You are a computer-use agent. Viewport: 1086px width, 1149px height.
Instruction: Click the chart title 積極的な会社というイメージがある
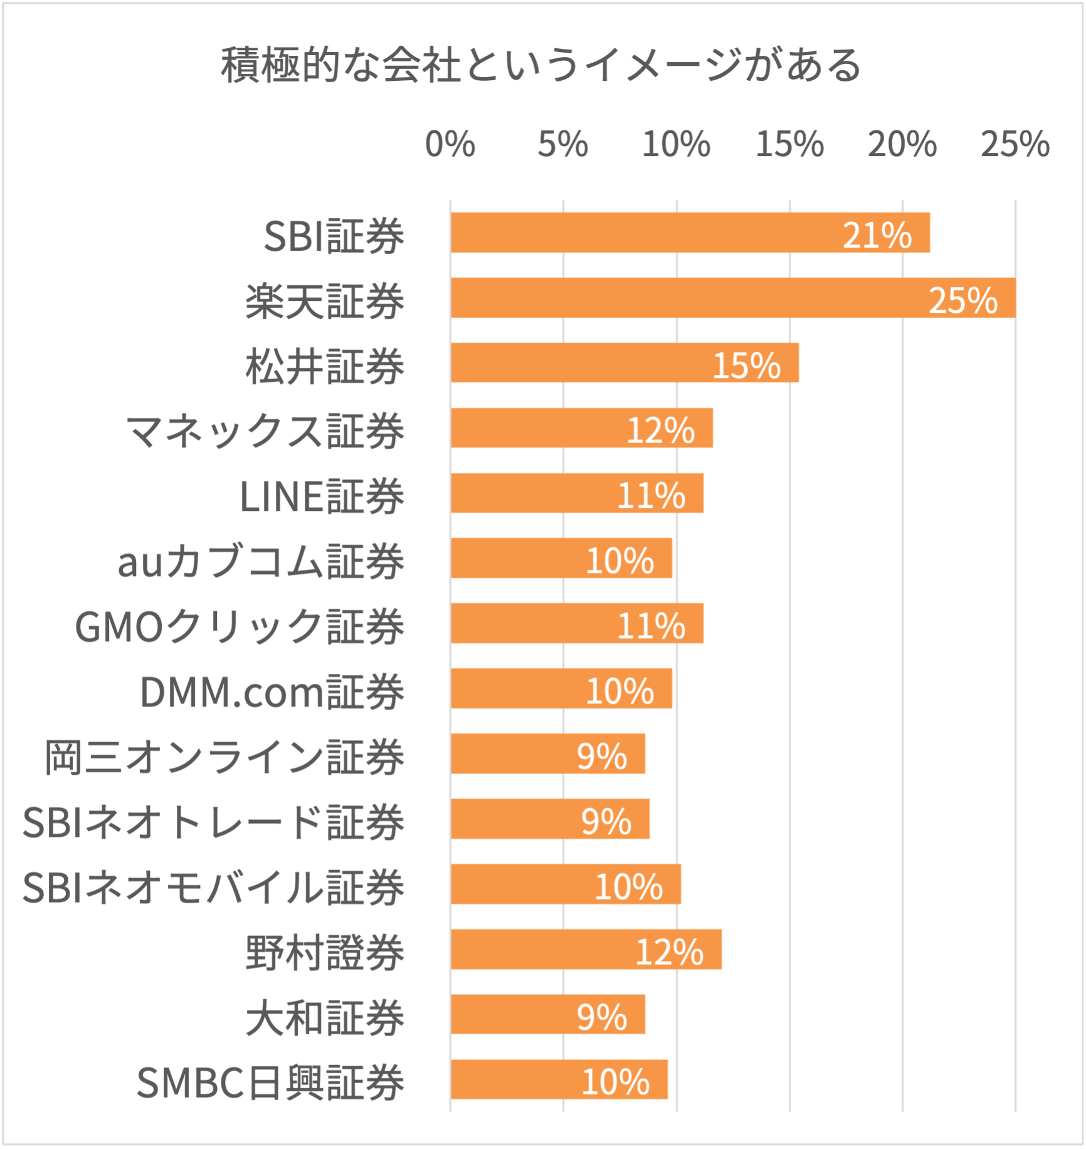click(541, 65)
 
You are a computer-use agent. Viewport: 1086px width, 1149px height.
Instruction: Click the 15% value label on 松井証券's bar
click(746, 365)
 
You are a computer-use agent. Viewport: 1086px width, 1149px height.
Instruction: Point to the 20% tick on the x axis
click(902, 145)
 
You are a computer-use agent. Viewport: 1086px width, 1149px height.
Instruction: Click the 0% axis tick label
click(450, 145)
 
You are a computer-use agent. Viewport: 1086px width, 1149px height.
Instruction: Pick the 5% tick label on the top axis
click(562, 145)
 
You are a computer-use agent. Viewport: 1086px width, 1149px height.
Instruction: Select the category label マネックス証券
click(265, 431)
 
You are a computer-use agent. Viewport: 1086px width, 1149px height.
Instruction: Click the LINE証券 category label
click(322, 496)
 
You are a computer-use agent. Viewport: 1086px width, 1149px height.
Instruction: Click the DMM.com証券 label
click(271, 692)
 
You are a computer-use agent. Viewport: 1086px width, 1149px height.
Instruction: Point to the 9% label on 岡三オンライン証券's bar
click(602, 757)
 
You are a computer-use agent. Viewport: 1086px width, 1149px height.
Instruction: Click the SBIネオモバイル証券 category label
click(213, 888)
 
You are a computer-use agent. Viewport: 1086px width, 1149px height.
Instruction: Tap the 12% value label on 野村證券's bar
click(669, 952)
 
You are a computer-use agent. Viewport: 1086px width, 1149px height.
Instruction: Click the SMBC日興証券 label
click(270, 1083)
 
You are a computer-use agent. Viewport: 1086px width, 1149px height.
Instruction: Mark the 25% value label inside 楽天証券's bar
click(962, 300)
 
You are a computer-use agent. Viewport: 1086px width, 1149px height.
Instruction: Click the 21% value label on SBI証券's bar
click(877, 236)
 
